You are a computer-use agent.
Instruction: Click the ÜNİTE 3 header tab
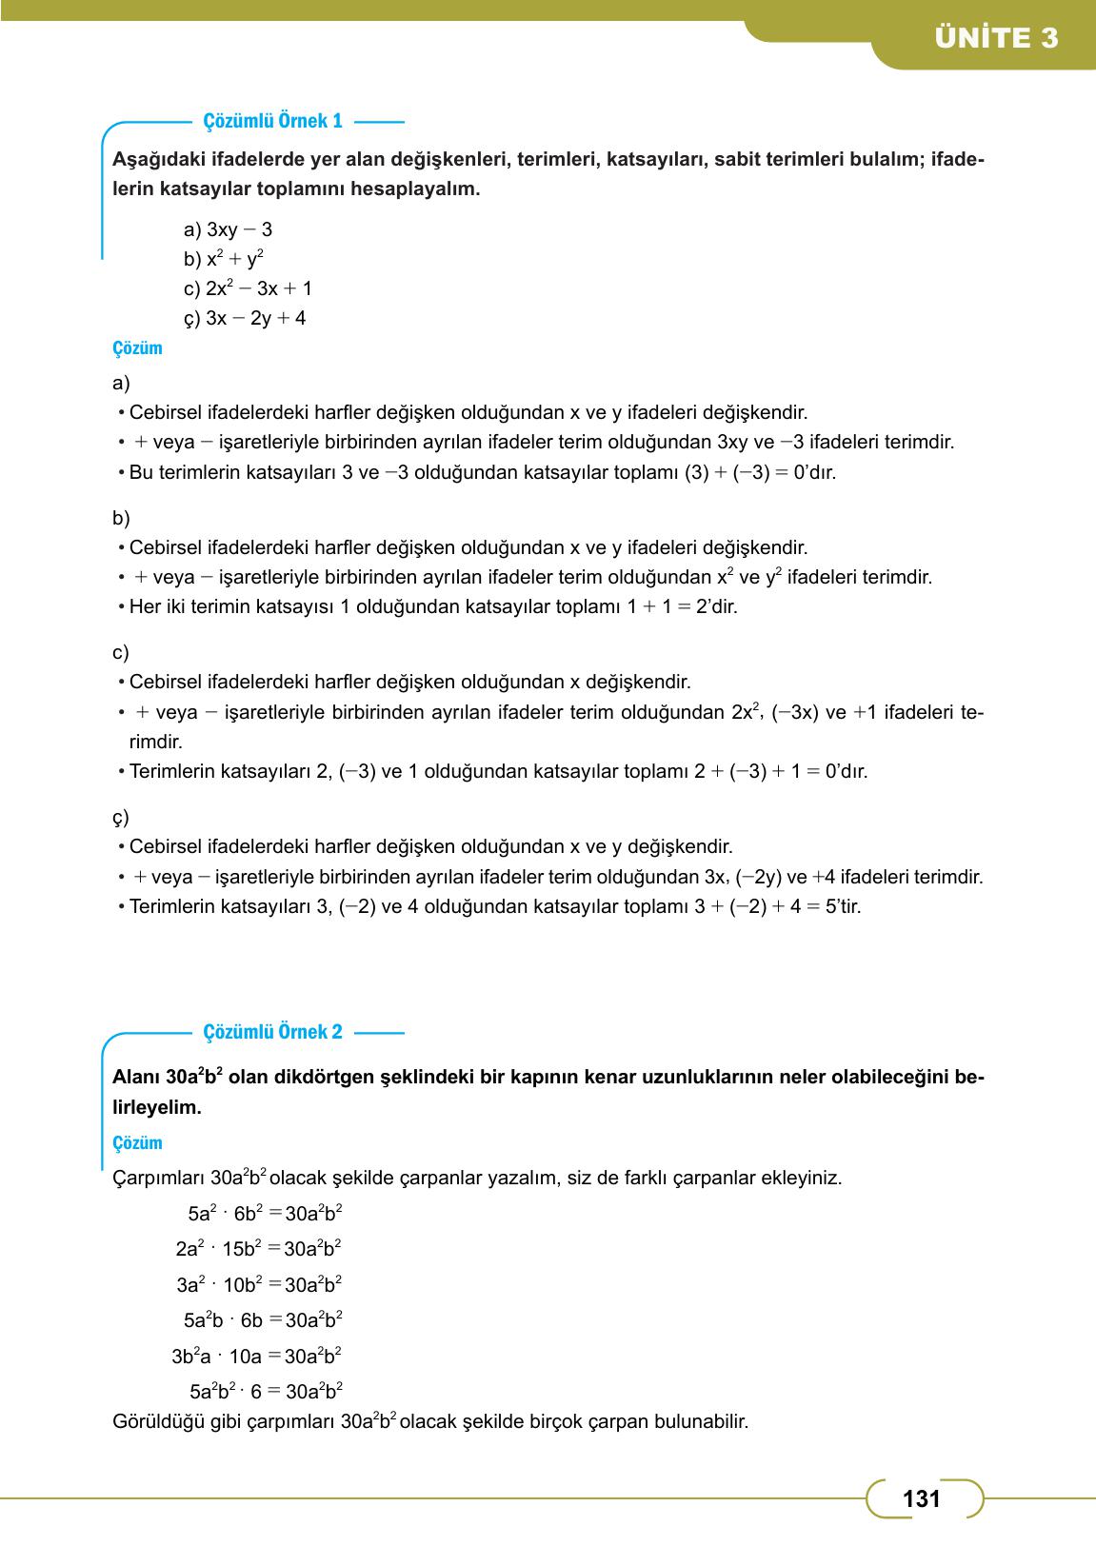pyautogui.click(x=995, y=38)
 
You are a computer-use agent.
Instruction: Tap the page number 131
pyautogui.click(x=921, y=1499)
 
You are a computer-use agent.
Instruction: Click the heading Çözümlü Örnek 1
pyautogui.click(x=272, y=122)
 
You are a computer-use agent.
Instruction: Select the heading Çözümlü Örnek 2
pyautogui.click(x=272, y=1032)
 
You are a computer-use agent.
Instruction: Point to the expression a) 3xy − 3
pyautogui.click(x=228, y=229)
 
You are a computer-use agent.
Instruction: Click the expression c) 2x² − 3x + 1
pyautogui.click(x=248, y=288)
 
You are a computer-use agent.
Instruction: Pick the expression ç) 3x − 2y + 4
pyautogui.click(x=245, y=318)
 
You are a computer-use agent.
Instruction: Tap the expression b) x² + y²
pyautogui.click(x=224, y=259)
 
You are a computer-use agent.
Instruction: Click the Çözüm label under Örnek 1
pyautogui.click(x=137, y=348)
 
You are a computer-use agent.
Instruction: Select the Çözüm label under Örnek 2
pyautogui.click(x=137, y=1143)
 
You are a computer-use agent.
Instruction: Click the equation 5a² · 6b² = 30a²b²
pyautogui.click(x=265, y=1214)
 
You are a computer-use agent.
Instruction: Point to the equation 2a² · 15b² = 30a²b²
pyautogui.click(x=258, y=1249)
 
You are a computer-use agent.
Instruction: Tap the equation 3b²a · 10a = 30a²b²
pyautogui.click(x=256, y=1357)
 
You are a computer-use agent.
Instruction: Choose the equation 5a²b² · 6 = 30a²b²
pyautogui.click(x=266, y=1392)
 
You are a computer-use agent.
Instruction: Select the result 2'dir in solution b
pyautogui.click(x=717, y=606)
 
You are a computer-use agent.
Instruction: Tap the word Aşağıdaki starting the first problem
pyautogui.click(x=156, y=159)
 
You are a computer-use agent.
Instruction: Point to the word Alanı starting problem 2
pyautogui.click(x=136, y=1079)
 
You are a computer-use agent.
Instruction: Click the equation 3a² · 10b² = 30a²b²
pyautogui.click(x=259, y=1285)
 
